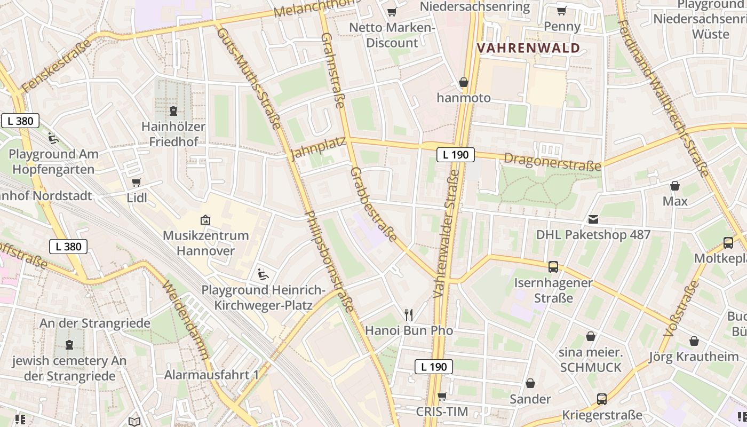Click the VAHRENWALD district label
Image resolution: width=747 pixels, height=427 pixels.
point(528,48)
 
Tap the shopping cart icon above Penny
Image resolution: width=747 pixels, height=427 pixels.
point(561,11)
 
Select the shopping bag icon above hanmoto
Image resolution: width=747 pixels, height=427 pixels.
point(463,83)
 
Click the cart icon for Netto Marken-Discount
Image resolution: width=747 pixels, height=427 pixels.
point(392,12)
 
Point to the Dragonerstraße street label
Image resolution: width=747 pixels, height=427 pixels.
point(552,162)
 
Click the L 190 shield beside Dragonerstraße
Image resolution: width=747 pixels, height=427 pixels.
point(455,155)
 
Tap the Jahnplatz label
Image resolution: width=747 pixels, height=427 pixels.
point(318,149)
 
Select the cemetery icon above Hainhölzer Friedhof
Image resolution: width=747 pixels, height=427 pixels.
point(173,111)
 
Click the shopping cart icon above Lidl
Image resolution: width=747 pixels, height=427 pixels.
point(137,183)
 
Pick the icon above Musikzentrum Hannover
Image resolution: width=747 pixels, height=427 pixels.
point(205,220)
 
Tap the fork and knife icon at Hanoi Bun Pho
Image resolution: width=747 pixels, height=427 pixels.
point(409,315)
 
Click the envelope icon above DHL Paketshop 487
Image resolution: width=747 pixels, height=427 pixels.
point(593,219)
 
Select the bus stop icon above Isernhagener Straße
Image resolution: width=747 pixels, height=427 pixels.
point(553,267)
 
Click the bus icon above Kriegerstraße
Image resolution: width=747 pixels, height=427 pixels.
point(601,399)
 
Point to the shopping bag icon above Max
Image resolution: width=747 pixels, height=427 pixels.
point(675,186)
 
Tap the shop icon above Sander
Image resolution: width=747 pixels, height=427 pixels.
point(530,384)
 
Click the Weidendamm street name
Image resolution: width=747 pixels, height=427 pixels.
point(186,320)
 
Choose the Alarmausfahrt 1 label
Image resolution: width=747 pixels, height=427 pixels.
point(211,375)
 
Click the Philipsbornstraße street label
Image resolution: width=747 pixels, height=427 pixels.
point(329,261)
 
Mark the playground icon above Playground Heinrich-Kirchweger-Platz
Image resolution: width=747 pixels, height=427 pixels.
point(263,274)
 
